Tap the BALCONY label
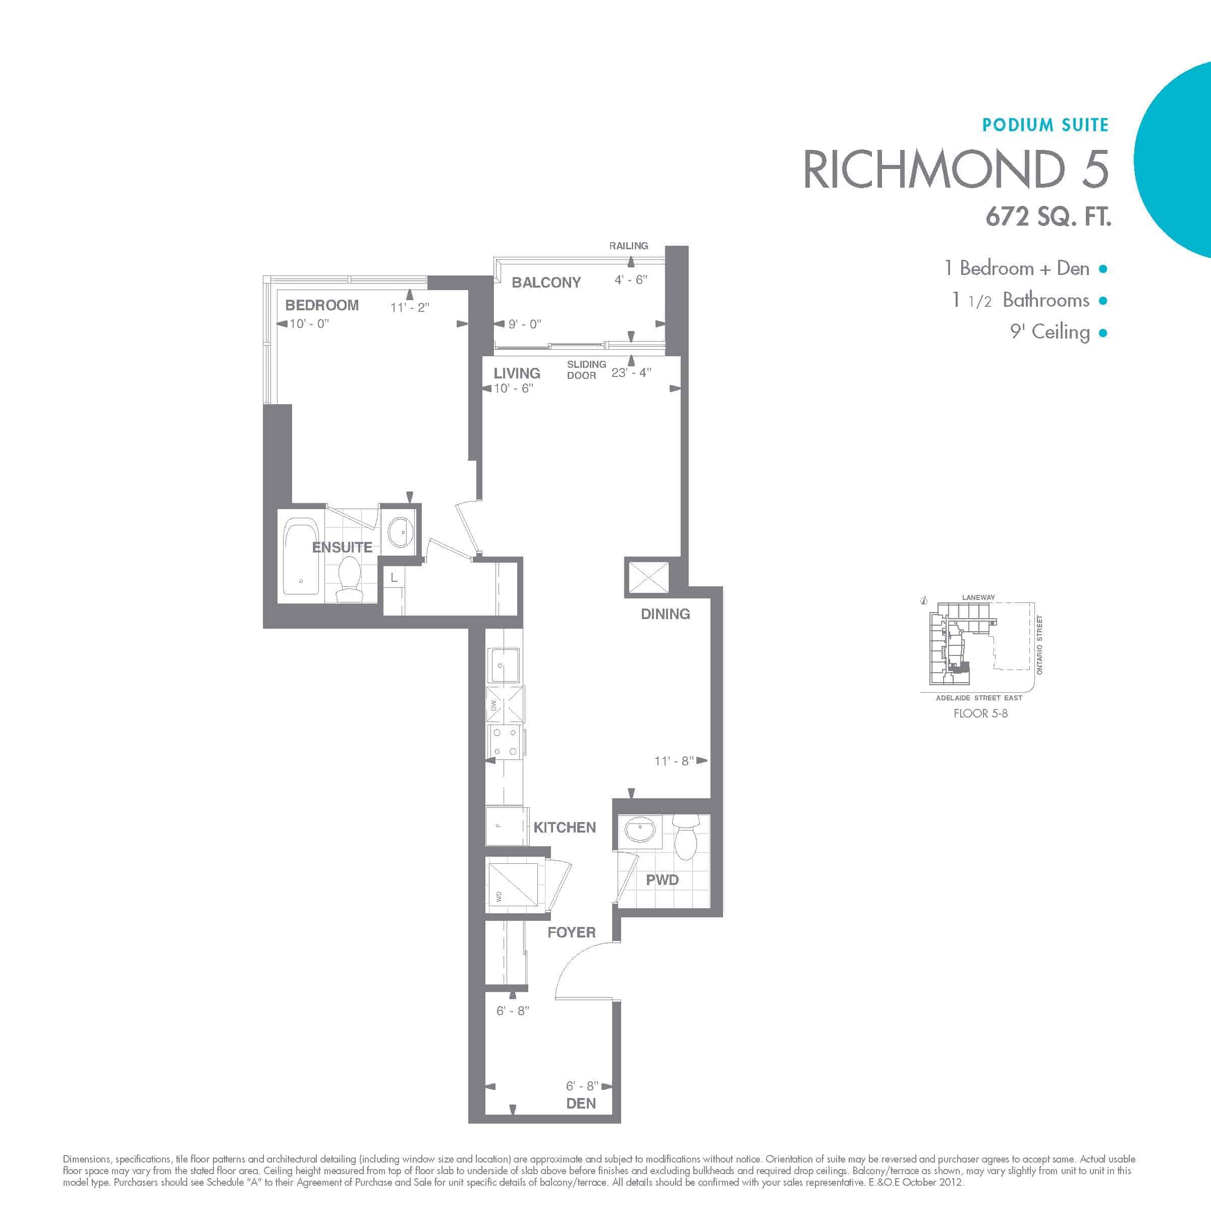[x=546, y=283]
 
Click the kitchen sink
[x=504, y=665]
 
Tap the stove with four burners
[x=505, y=742]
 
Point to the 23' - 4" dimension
[x=631, y=372]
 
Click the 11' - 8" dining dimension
[x=674, y=761]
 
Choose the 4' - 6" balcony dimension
[x=631, y=280]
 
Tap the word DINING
[x=665, y=614]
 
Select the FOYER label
[x=571, y=932]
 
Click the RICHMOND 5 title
[x=956, y=169]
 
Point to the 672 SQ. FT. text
[x=1048, y=217]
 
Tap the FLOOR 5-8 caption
[x=980, y=713]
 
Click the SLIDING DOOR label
[x=586, y=370]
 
